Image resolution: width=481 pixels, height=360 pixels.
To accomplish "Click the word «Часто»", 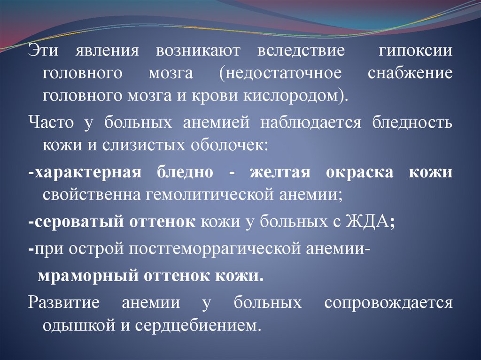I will pyautogui.click(x=51, y=123).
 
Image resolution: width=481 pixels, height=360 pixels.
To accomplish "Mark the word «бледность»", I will pyautogui.click(x=412, y=123).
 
